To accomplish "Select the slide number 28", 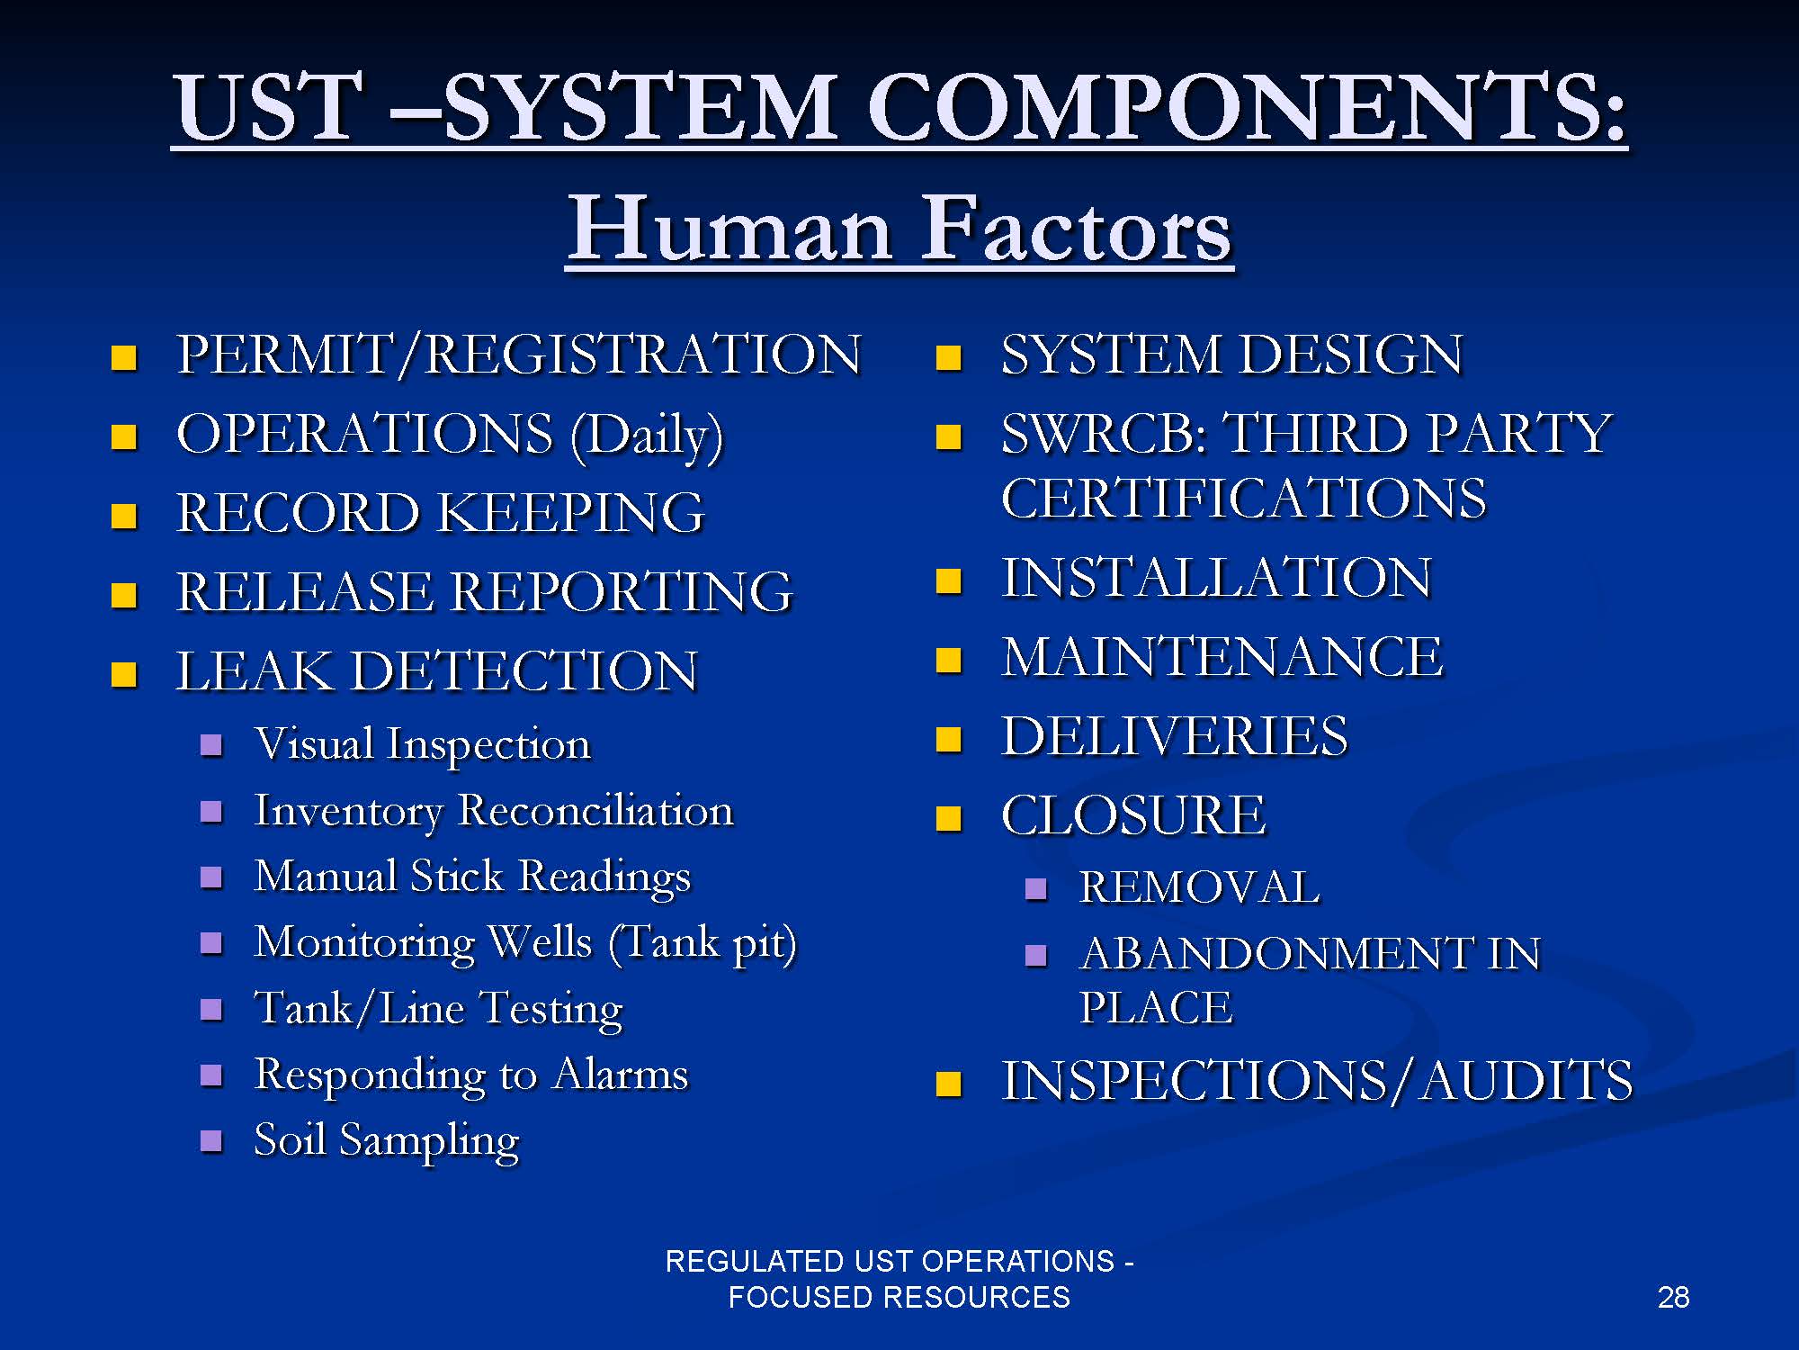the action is click(x=1673, y=1297).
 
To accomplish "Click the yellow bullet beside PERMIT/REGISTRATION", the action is click(x=124, y=358).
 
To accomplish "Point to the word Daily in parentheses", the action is click(x=647, y=435).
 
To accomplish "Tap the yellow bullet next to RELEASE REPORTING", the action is click(x=124, y=596).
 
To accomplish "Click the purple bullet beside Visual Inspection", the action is click(x=211, y=745).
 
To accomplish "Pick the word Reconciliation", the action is click(x=595, y=810).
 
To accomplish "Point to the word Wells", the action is click(x=540, y=942).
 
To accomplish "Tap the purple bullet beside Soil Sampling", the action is click(x=211, y=1141).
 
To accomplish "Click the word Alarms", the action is click(x=621, y=1074).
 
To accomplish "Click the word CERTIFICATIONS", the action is click(x=1244, y=498).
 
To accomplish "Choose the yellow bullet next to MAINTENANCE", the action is click(x=949, y=661).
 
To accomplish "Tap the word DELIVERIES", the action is click(x=1175, y=736).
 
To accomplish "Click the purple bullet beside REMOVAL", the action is click(x=1036, y=889).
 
